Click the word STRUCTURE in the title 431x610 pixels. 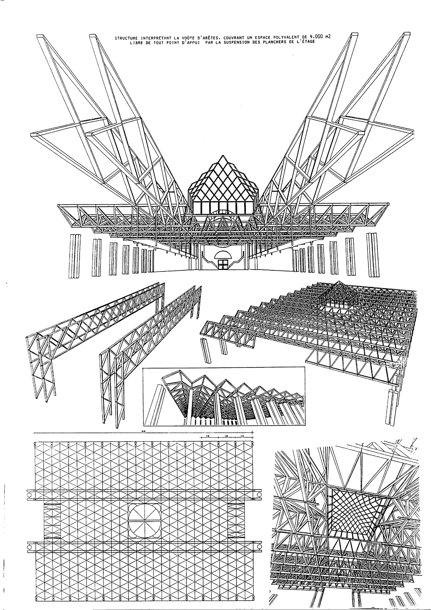124,38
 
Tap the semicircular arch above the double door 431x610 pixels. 223,255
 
